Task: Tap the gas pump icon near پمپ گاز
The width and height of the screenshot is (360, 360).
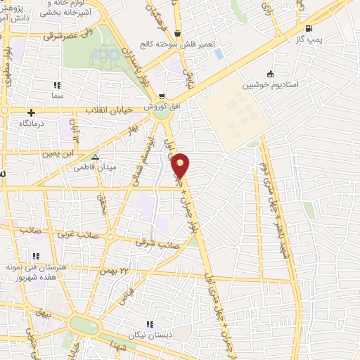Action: [x=309, y=29]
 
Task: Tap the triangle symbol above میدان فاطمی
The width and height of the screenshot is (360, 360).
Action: [x=96, y=157]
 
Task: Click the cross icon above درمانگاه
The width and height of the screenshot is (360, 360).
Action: [x=31, y=112]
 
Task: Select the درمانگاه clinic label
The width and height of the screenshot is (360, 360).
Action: [x=32, y=123]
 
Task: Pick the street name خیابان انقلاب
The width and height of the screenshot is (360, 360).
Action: [x=105, y=110]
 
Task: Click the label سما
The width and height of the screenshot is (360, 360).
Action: [x=56, y=94]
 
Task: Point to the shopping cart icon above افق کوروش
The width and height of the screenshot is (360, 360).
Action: [x=162, y=96]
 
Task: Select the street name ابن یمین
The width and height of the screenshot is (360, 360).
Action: [x=58, y=153]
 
